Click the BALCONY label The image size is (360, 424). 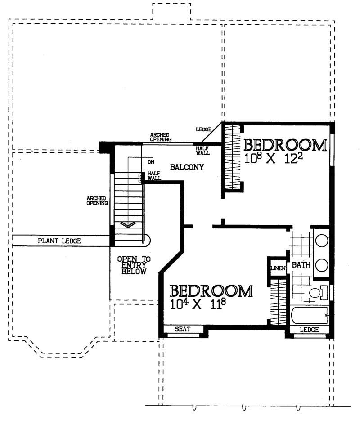[x=187, y=167]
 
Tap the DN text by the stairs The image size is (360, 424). [x=151, y=161]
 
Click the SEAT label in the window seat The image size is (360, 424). [x=183, y=330]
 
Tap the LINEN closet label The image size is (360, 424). [x=276, y=268]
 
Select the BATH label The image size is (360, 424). [x=301, y=265]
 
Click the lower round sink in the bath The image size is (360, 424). [x=321, y=265]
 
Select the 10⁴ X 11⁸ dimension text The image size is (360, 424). [x=198, y=304]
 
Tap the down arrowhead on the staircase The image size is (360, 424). [x=128, y=224]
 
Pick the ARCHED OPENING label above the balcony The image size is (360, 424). [x=161, y=137]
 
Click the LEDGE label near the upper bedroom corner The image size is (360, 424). [x=203, y=129]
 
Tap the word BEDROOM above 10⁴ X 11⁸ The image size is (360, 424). [x=211, y=291]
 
